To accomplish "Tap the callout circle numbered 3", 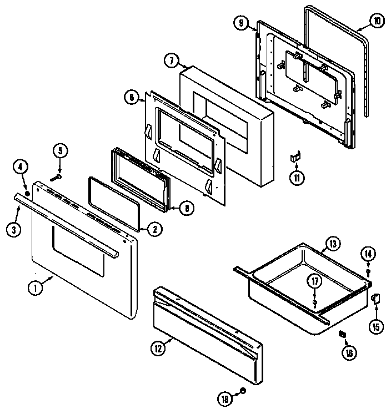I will pos(14,229).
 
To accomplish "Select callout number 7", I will pos(172,60).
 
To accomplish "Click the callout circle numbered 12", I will pos(158,349).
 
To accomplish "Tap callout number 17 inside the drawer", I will pos(315,281).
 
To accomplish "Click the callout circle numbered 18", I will pos(224,397).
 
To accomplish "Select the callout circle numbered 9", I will pos(240,23).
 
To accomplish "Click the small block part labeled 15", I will pos(375,299).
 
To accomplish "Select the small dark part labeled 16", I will pos(343,334).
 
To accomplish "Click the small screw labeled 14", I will pos(368,273).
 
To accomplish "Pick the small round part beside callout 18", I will pos(242,392).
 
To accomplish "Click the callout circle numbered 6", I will pos(131,97).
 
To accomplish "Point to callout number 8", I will pos(187,208).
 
